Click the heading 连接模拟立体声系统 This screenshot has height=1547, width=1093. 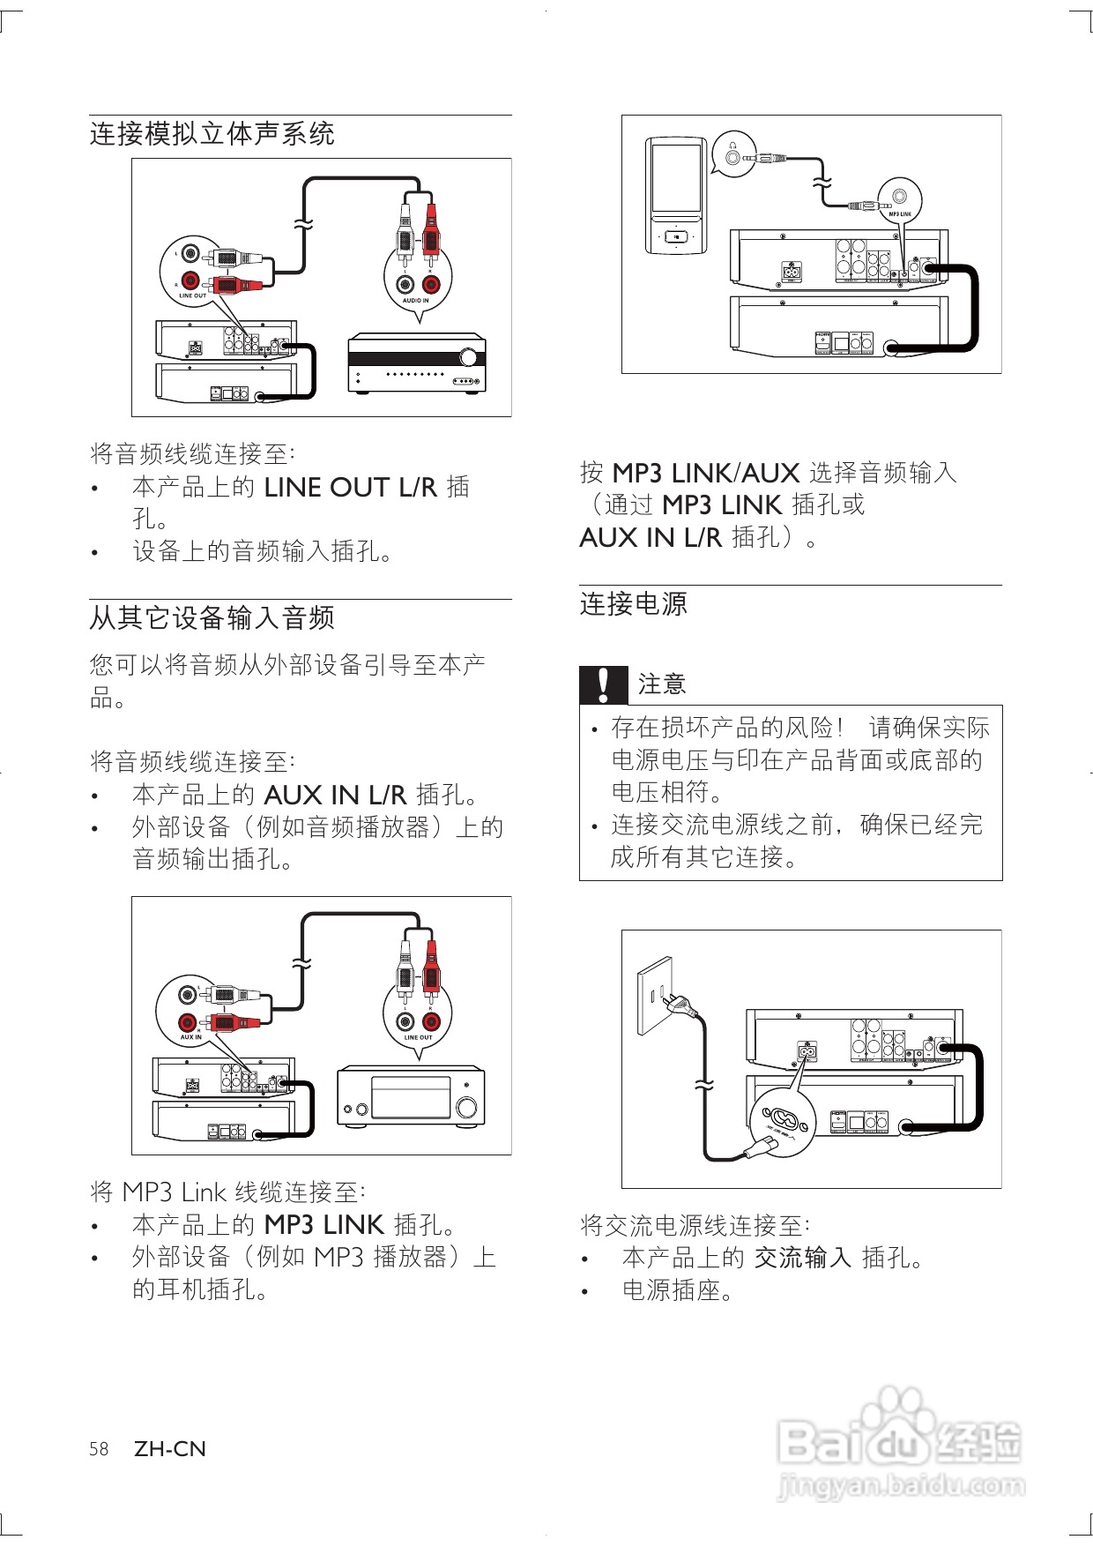[212, 134]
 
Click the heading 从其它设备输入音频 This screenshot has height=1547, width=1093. [212, 617]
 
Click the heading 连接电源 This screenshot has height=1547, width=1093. [633, 604]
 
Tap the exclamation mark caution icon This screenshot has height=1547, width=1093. [603, 684]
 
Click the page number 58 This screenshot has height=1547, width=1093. [99, 1449]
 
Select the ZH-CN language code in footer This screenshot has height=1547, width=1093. [170, 1449]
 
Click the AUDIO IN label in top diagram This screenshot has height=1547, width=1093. [415, 301]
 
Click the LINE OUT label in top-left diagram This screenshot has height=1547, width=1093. [192, 295]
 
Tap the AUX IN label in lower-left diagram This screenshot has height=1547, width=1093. [190, 1037]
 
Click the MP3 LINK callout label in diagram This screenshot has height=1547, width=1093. [899, 213]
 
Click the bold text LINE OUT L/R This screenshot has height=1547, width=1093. [350, 488]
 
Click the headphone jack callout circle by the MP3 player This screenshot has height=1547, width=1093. [733, 156]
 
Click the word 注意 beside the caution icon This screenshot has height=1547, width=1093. [661, 684]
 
